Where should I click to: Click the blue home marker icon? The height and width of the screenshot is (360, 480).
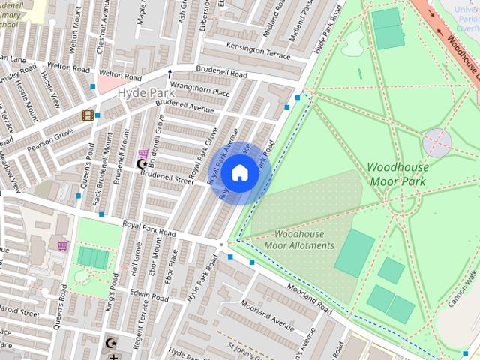[x=239, y=173]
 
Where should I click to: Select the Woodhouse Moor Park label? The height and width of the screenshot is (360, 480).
[x=397, y=174]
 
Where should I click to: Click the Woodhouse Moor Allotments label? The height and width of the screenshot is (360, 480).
[x=298, y=239]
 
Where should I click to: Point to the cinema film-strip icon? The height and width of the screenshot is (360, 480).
[x=88, y=115]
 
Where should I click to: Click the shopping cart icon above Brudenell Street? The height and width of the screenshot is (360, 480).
[x=143, y=153]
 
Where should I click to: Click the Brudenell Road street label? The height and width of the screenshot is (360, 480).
[x=221, y=73]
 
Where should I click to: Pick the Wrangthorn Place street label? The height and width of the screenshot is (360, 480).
[x=199, y=91]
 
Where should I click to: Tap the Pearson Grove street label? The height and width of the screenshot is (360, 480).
[x=52, y=137]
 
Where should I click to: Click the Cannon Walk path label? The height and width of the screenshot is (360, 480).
[x=463, y=287]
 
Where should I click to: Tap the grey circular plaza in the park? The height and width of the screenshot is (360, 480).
[x=436, y=142]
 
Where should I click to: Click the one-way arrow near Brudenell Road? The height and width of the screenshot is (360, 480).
[x=169, y=73]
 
